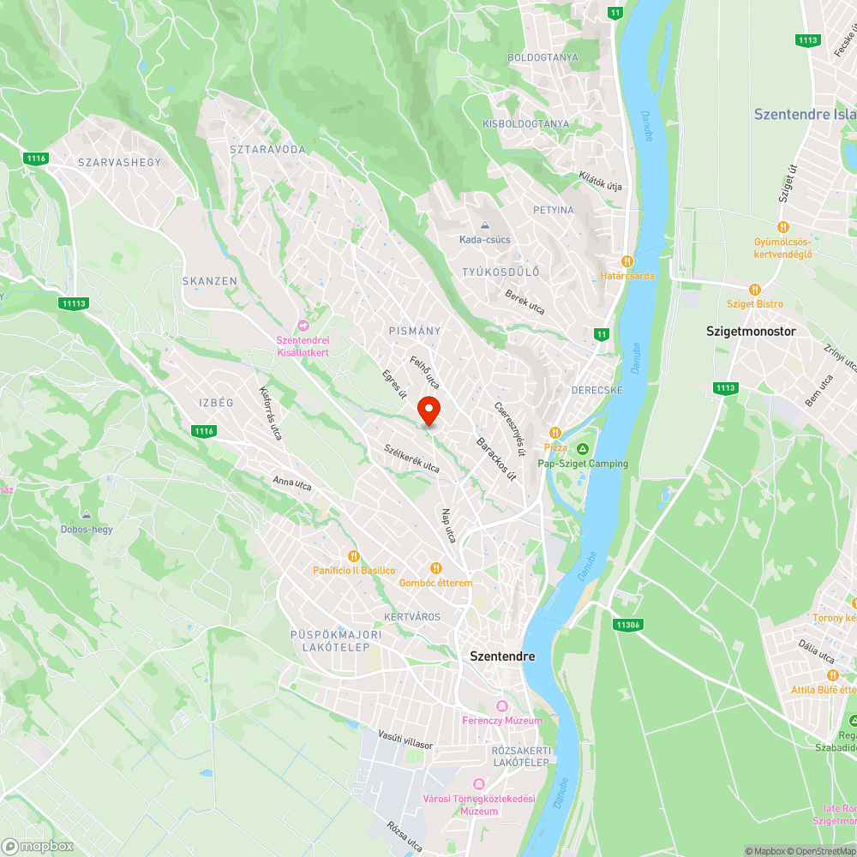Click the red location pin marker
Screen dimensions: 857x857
coord(428,411)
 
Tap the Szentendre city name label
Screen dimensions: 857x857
coord(502,656)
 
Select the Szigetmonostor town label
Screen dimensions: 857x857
coord(751,331)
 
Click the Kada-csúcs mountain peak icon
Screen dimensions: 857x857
coord(485,225)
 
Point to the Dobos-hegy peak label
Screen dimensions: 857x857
coord(87,529)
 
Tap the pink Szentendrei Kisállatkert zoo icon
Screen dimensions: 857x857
coord(303,326)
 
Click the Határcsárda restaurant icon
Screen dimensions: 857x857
coord(627,261)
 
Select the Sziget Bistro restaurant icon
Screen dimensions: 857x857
coord(755,290)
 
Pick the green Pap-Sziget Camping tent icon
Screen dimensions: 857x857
coord(583,449)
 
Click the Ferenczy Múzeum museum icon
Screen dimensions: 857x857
coord(502,705)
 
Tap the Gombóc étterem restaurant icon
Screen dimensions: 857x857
coord(435,567)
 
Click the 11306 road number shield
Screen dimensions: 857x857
coord(628,625)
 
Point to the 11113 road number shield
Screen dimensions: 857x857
coord(75,303)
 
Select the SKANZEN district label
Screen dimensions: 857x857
coord(210,281)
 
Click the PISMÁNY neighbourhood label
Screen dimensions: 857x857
coord(415,331)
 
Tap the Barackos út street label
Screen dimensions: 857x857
coord(496,458)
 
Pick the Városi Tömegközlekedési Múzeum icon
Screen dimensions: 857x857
coord(478,784)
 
